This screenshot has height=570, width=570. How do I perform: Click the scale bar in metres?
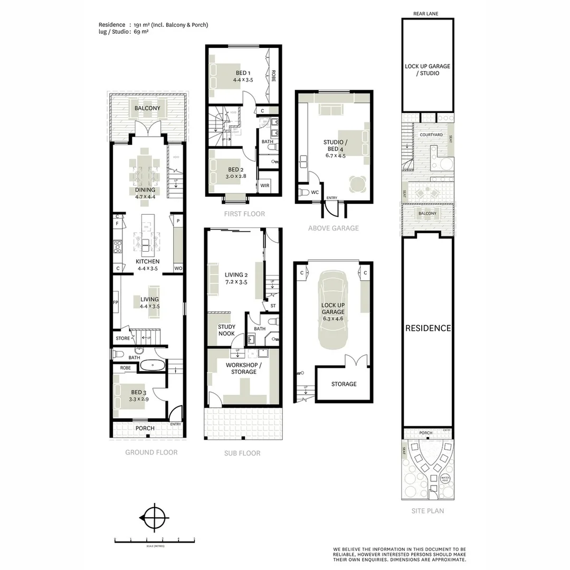[x=155, y=540]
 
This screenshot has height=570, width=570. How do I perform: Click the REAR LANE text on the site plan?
[x=427, y=14]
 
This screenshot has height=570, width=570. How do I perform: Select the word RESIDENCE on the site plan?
[x=428, y=328]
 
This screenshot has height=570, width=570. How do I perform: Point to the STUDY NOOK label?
[x=226, y=330]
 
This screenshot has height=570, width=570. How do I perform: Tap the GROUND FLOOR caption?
[x=151, y=452]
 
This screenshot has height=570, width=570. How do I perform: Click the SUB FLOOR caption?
[x=242, y=453]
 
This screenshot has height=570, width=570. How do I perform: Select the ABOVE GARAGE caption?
[x=334, y=228]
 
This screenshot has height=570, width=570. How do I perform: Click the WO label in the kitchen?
[x=178, y=269]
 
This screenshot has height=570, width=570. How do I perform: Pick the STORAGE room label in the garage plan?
[x=344, y=384]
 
